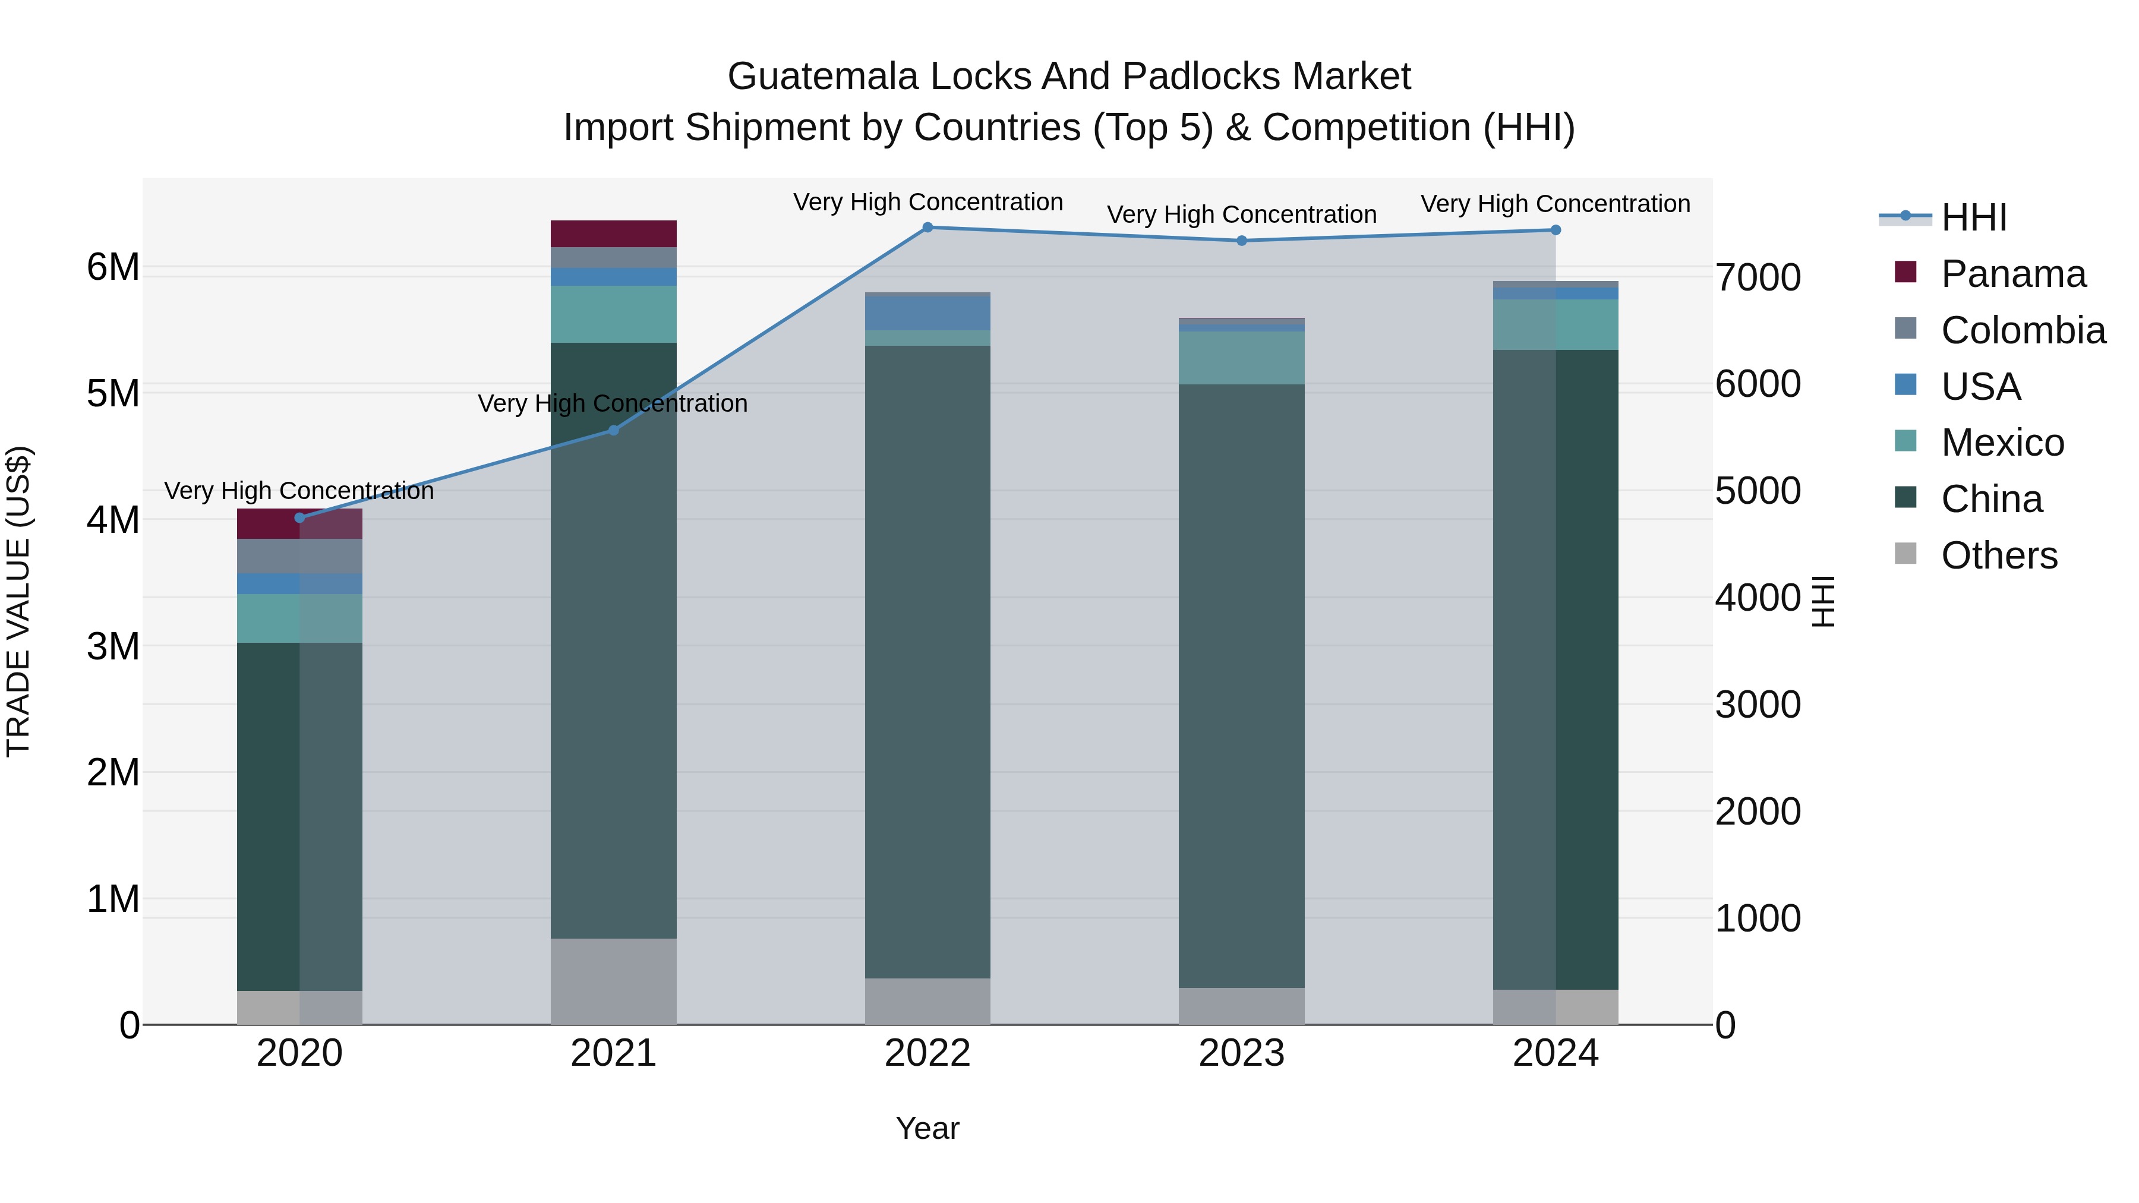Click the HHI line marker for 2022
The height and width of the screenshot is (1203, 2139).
[x=927, y=228]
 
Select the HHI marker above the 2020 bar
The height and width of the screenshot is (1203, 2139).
[x=300, y=518]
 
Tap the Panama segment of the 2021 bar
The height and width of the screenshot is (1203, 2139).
[x=614, y=233]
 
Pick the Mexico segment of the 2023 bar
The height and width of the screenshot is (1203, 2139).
[x=1241, y=358]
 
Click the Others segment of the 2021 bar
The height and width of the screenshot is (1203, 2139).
[x=614, y=981]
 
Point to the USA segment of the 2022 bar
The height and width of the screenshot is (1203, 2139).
[x=927, y=314]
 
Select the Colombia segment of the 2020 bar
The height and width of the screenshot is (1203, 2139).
[x=300, y=556]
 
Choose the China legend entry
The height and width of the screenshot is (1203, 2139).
[x=1990, y=499]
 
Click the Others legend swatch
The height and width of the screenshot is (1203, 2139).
[x=1905, y=554]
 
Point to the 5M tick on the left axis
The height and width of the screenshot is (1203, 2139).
[x=113, y=393]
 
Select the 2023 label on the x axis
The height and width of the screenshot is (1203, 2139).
[x=1241, y=1053]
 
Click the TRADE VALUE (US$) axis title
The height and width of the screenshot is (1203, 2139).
[x=18, y=601]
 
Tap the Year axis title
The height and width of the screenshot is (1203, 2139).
[x=927, y=1128]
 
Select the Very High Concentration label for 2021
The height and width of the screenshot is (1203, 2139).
[x=613, y=403]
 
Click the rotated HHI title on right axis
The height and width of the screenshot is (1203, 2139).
[x=1823, y=601]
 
